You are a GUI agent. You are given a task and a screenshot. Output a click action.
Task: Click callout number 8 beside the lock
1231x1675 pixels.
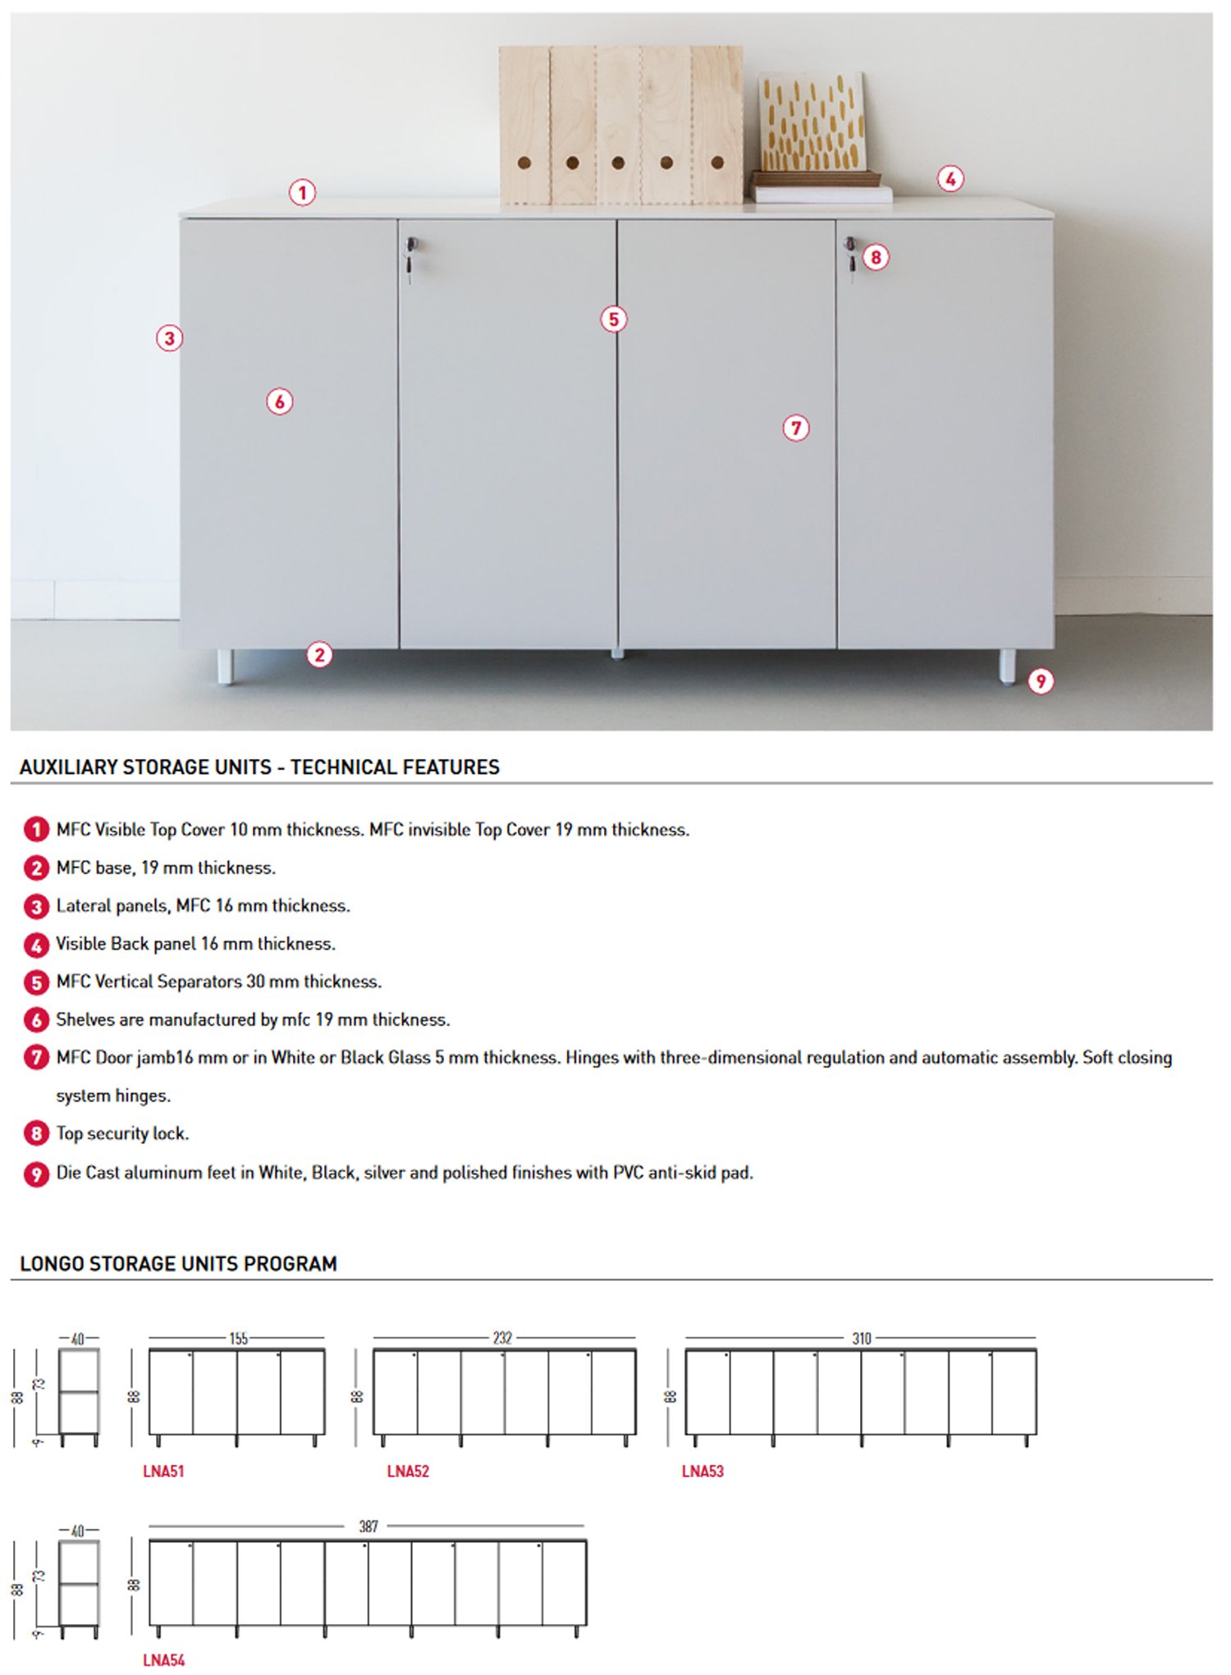click(876, 258)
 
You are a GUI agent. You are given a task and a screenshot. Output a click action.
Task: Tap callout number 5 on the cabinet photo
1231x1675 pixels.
click(614, 319)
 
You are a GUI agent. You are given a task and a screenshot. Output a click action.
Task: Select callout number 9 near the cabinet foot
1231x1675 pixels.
click(1041, 681)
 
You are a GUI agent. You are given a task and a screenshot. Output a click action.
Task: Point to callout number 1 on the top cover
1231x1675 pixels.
click(303, 193)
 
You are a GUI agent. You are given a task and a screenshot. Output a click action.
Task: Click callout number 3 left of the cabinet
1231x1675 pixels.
click(170, 338)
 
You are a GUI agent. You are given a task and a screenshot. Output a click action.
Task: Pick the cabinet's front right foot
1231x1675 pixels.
click(1007, 666)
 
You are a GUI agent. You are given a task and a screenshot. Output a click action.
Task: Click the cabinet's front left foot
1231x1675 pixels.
click(225, 666)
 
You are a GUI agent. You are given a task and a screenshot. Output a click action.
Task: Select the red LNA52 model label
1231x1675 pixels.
click(408, 1471)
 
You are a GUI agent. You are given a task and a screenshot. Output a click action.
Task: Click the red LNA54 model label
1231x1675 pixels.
click(164, 1660)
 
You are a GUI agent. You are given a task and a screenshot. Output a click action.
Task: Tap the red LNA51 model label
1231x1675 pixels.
click(164, 1471)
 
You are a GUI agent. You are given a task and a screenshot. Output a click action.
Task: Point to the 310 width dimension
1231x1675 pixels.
click(862, 1339)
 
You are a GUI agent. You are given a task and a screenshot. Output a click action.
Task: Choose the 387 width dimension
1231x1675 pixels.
click(368, 1526)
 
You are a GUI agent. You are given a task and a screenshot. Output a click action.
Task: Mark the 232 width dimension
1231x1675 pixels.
click(502, 1339)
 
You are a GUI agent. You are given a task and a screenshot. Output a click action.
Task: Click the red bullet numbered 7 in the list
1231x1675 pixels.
click(36, 1057)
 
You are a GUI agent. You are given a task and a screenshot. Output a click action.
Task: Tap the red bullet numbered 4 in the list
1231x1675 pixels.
click(36, 945)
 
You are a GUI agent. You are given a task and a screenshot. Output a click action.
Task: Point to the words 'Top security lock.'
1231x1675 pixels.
click(122, 1133)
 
